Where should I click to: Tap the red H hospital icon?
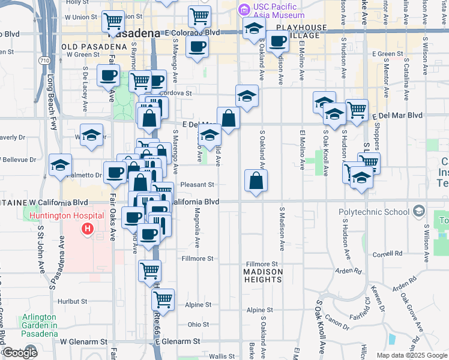[88, 229]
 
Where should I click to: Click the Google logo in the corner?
[19, 352]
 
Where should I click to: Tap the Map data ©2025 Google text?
[412, 355]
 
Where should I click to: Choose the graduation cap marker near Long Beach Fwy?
[61, 164]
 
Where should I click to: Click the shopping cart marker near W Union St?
[112, 21]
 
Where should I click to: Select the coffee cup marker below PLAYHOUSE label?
[278, 41]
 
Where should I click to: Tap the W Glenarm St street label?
[83, 341]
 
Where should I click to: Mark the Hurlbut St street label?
[73, 301]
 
